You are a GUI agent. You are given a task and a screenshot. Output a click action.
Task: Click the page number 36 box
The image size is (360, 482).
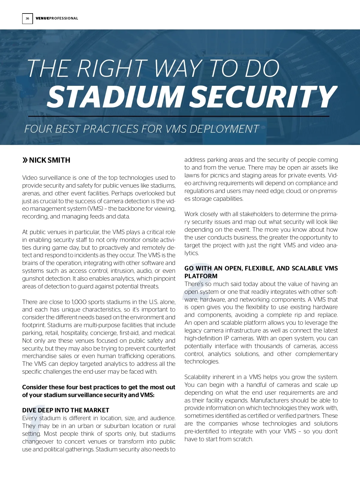pos(27,19)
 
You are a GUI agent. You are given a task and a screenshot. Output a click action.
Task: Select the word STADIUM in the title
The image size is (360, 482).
pos(115,97)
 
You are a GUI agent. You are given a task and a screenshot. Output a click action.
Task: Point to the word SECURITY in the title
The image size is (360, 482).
pos(263,97)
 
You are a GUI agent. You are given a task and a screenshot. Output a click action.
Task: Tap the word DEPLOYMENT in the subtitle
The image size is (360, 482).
pos(224,129)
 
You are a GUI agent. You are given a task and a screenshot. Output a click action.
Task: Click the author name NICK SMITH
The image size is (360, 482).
pos(50,160)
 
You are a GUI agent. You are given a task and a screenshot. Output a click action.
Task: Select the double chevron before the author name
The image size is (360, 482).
pos(25,160)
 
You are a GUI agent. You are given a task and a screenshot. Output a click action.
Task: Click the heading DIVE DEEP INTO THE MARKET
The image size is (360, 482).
pos(66,410)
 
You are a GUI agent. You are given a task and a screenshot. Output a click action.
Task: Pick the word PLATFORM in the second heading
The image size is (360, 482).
pos(201,276)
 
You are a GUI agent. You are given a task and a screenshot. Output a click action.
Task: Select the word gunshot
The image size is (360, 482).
pos(33,279)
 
